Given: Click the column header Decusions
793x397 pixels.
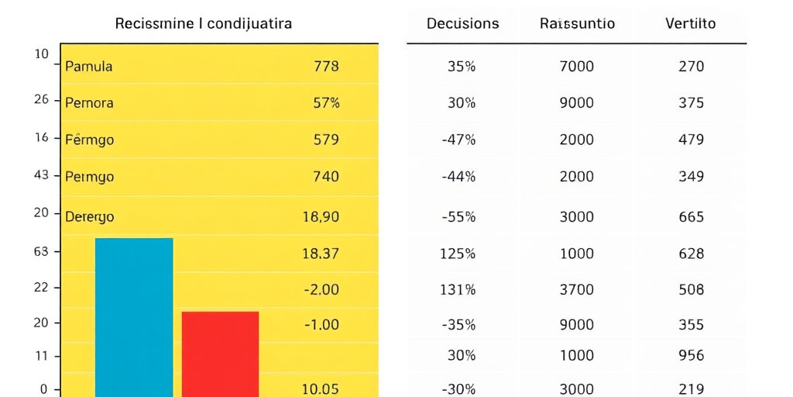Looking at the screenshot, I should tap(463, 23).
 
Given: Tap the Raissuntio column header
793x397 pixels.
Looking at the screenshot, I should tap(577, 23).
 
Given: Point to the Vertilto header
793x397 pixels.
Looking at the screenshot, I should tap(690, 23).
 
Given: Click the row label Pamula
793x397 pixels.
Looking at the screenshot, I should tap(88, 67).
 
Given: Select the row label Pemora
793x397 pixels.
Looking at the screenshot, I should tap(89, 103).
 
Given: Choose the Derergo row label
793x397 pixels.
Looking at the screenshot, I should tap(89, 217).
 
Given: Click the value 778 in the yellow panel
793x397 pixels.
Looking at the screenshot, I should tap(326, 67).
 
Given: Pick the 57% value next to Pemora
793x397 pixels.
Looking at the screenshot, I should tap(326, 103).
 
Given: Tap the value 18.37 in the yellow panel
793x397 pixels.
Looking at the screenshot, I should tap(320, 254).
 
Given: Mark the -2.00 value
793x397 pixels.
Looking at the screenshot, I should tap(321, 290).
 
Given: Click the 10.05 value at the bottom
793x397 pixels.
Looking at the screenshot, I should tap(320, 389).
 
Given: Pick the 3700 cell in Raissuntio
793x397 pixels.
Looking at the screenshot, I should tap(576, 290).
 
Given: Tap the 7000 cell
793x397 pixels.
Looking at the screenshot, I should tap(576, 67).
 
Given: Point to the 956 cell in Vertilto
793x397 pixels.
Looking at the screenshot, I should tap(690, 356).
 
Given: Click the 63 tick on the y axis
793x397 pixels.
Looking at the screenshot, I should tap(41, 251).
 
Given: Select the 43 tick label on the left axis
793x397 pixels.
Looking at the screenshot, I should tap(41, 175).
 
